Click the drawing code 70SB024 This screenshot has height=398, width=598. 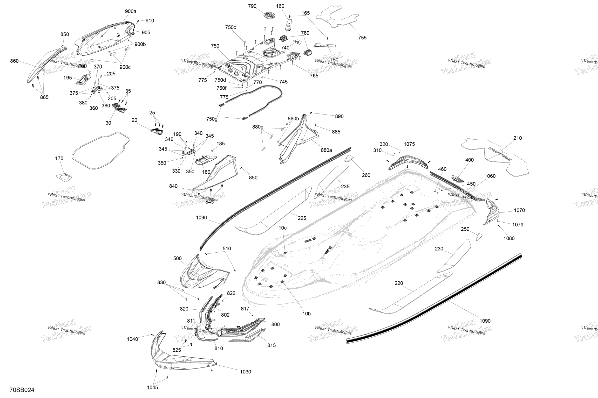click(22, 390)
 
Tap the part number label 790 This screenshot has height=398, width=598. click(252, 6)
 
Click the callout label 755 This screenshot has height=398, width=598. click(362, 38)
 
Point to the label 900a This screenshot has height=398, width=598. click(131, 11)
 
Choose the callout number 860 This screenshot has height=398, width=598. click(14, 61)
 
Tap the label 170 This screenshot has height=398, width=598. click(59, 158)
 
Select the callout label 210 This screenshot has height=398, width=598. click(518, 138)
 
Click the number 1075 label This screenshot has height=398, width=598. click(409, 144)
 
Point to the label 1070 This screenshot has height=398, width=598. click(519, 210)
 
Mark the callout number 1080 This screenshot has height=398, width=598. click(509, 238)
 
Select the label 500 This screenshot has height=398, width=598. click(178, 258)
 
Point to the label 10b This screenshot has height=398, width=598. click(307, 314)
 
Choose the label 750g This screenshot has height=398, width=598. click(212, 119)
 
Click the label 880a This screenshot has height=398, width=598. click(326, 150)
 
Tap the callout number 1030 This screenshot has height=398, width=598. click(245, 372)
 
